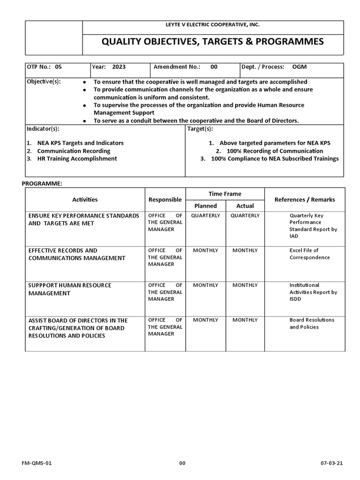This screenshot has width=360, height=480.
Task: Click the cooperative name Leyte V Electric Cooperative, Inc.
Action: [213, 24]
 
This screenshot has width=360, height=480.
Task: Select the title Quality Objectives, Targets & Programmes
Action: [213, 42]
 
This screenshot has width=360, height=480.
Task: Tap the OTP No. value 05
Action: [58, 67]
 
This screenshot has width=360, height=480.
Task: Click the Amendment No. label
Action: [177, 67]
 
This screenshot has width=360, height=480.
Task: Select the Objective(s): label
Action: [44, 82]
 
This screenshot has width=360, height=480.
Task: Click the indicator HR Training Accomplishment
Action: [77, 159]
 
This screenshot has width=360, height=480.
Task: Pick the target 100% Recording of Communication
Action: [274, 151]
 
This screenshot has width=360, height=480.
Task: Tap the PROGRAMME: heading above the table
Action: [42, 183]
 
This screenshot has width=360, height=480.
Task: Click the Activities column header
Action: [85, 200]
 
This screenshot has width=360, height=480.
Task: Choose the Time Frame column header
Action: [225, 194]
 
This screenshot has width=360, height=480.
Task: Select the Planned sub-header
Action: [206, 206]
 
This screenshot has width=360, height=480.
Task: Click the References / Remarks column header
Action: [305, 200]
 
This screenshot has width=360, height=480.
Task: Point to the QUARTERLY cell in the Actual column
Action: [245, 216]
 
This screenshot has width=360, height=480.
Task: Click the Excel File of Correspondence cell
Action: [309, 254]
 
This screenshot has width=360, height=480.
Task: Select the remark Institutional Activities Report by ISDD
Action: [313, 292]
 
